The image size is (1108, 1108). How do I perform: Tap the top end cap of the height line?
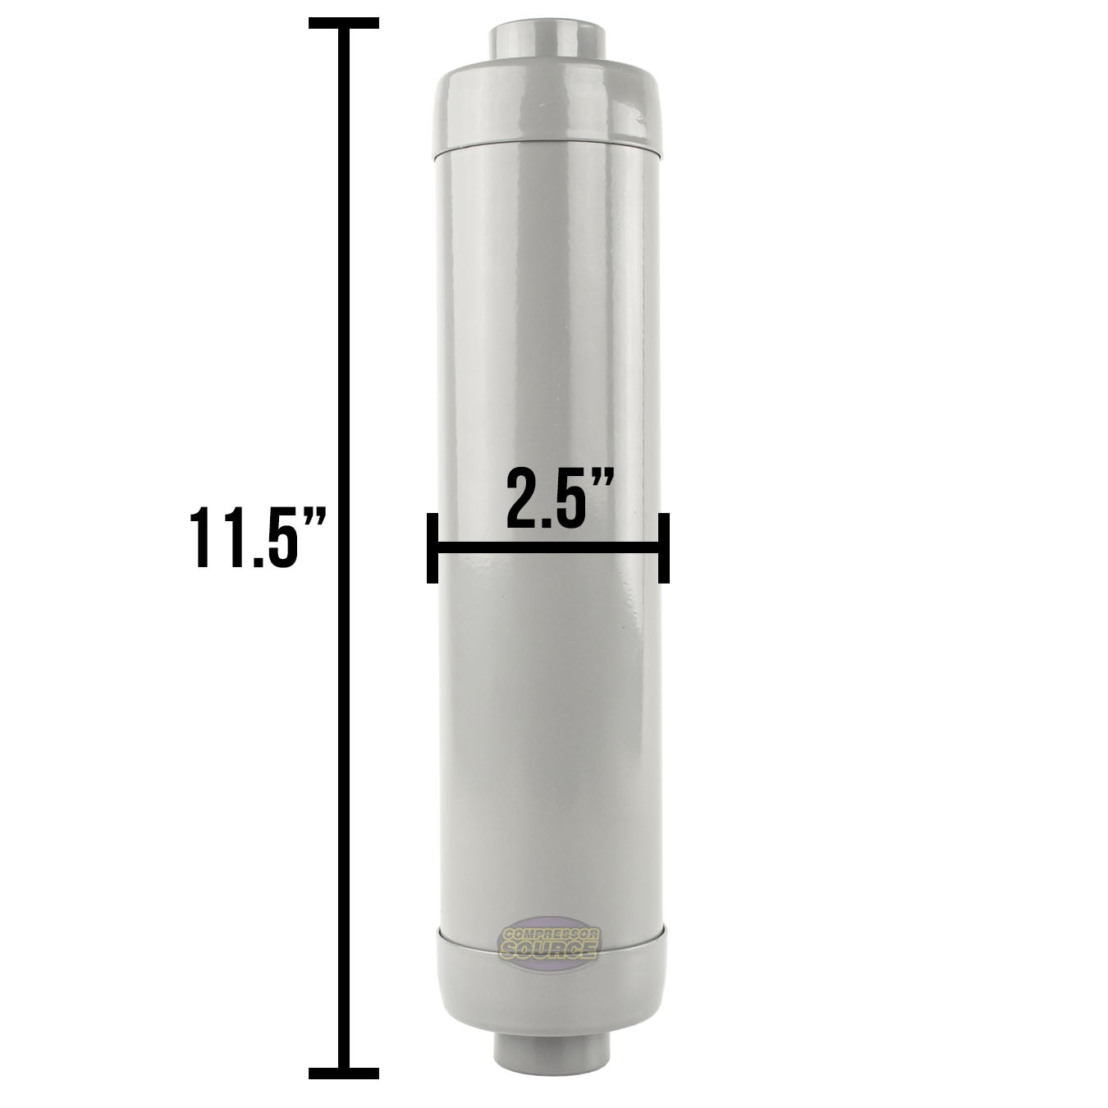click(343, 23)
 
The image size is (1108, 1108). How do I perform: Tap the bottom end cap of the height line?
click(343, 1073)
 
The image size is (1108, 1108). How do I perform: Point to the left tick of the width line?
click(432, 547)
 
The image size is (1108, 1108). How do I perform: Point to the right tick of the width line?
click(663, 547)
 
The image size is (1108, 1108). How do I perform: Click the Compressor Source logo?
click(549, 944)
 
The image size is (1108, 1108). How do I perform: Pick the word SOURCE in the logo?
click(549, 950)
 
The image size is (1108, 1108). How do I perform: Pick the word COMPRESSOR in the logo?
click(549, 935)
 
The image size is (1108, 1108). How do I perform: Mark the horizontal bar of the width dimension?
click(547, 547)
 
